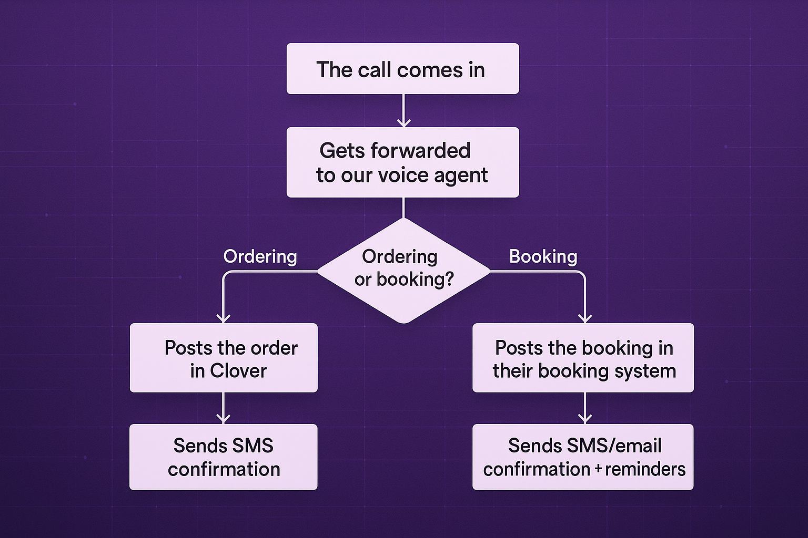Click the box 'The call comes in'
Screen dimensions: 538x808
tap(402, 69)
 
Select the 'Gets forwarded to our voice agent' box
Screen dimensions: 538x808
tap(402, 162)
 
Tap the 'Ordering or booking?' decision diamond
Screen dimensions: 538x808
tap(403, 270)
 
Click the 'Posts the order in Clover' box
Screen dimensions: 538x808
tap(224, 358)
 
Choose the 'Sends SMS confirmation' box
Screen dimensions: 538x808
tap(224, 457)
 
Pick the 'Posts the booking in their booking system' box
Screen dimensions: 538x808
tap(583, 358)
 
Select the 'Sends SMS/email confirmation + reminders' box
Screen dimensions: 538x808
tap(583, 457)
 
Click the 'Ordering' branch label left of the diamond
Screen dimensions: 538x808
tap(260, 256)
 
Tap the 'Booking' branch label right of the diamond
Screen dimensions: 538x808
tap(543, 256)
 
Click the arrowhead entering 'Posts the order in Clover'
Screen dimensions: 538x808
tap(224, 318)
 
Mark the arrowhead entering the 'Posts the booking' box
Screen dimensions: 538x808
tap(585, 318)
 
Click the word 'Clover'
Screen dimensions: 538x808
tap(238, 371)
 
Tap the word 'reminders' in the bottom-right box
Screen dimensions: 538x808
tap(645, 469)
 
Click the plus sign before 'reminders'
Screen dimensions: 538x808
tap(598, 469)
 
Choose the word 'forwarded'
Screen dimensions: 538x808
tap(420, 151)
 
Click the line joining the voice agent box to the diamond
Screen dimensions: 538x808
tap(403, 208)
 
